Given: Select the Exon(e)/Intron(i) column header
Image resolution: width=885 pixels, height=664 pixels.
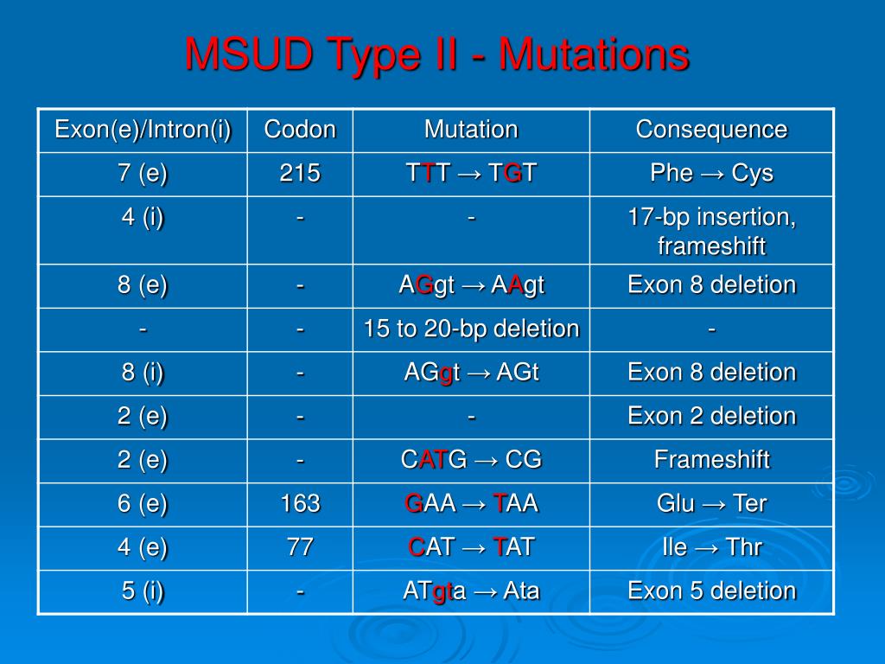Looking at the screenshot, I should coord(143,130).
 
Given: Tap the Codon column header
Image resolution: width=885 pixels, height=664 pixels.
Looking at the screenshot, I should coord(300,130).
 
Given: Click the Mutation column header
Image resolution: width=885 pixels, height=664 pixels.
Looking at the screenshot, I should coord(471,130).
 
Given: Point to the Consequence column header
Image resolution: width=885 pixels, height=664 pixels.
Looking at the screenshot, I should coord(711,130).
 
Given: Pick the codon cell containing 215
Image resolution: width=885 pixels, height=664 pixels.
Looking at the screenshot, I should coord(300,174).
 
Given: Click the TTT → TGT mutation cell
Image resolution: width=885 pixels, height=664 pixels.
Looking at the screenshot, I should coord(471,174).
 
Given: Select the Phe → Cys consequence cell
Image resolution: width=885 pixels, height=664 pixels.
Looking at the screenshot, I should coord(711,174).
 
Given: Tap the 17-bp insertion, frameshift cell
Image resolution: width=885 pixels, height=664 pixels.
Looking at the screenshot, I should coord(711,231).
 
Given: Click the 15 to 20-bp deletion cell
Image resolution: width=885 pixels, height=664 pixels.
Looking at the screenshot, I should coord(471,329).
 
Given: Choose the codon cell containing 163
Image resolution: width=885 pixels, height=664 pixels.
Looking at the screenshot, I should coord(300,504).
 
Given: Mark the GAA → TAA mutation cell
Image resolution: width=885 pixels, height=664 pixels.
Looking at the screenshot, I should coord(471,504).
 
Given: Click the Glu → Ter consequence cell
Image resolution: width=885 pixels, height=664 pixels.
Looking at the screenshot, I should coord(711,504).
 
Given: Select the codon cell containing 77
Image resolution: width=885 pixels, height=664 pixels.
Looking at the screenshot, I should coord(300,547).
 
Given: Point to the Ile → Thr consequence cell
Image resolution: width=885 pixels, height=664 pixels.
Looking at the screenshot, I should coord(711,547).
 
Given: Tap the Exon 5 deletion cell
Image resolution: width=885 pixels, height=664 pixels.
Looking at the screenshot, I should coord(711,591).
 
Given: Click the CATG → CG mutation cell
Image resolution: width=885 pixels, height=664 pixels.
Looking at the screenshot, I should coord(471,460).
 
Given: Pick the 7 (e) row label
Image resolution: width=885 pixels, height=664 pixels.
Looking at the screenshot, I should coord(143,174).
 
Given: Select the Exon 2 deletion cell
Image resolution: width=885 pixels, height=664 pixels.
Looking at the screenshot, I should coord(711,417).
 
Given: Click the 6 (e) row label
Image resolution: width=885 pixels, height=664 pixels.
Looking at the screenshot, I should coord(143,504).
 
